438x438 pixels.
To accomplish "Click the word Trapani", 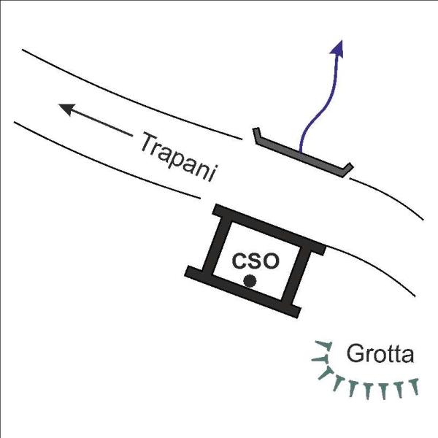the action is click(179, 157).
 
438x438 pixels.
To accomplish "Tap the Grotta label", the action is click(380, 353).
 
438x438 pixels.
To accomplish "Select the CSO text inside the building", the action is click(255, 261).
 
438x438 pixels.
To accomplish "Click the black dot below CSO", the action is click(250, 281).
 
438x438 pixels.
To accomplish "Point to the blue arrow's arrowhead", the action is click(337, 49).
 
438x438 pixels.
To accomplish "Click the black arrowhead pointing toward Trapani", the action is click(67, 109).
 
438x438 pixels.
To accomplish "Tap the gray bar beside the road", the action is click(303, 153).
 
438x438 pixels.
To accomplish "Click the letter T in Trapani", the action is click(150, 142).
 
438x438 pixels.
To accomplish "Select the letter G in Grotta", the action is click(354, 353).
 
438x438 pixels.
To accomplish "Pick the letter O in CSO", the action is click(271, 261).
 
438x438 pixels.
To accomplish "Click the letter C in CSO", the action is click(239, 261).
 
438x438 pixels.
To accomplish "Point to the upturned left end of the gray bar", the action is click(256, 134).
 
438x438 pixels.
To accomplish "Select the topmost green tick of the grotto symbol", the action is click(324, 345).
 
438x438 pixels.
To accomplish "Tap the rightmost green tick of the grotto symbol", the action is click(415, 386).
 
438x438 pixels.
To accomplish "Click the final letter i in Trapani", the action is click(213, 174).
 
